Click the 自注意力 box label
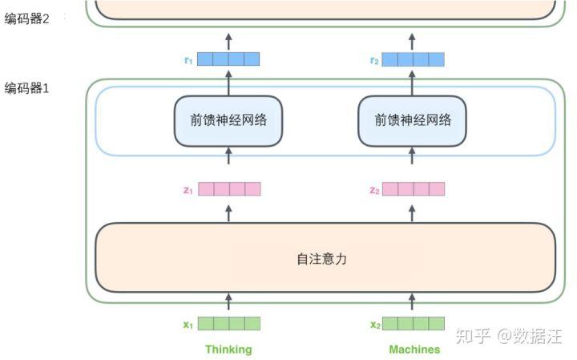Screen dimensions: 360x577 [x=321, y=259]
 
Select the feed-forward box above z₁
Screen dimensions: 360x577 [x=228, y=120]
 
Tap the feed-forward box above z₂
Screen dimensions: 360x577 [x=413, y=120]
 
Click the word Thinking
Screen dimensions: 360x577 [x=228, y=350]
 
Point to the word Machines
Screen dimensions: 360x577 [x=414, y=350]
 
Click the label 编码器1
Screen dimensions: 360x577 [x=27, y=89]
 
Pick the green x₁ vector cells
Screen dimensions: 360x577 [x=229, y=324]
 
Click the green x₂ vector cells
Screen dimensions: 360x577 [x=414, y=324]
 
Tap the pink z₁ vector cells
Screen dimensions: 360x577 [x=229, y=189]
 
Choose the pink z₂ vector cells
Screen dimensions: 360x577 [x=414, y=189]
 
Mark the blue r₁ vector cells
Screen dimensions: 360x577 [x=229, y=59]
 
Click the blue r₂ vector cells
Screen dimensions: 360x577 [x=414, y=59]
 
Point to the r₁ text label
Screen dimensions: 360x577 [x=188, y=59]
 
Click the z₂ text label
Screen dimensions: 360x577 [x=373, y=190]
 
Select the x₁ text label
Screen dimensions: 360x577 [x=188, y=325]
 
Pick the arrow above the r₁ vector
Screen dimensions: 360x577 [x=228, y=40]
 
